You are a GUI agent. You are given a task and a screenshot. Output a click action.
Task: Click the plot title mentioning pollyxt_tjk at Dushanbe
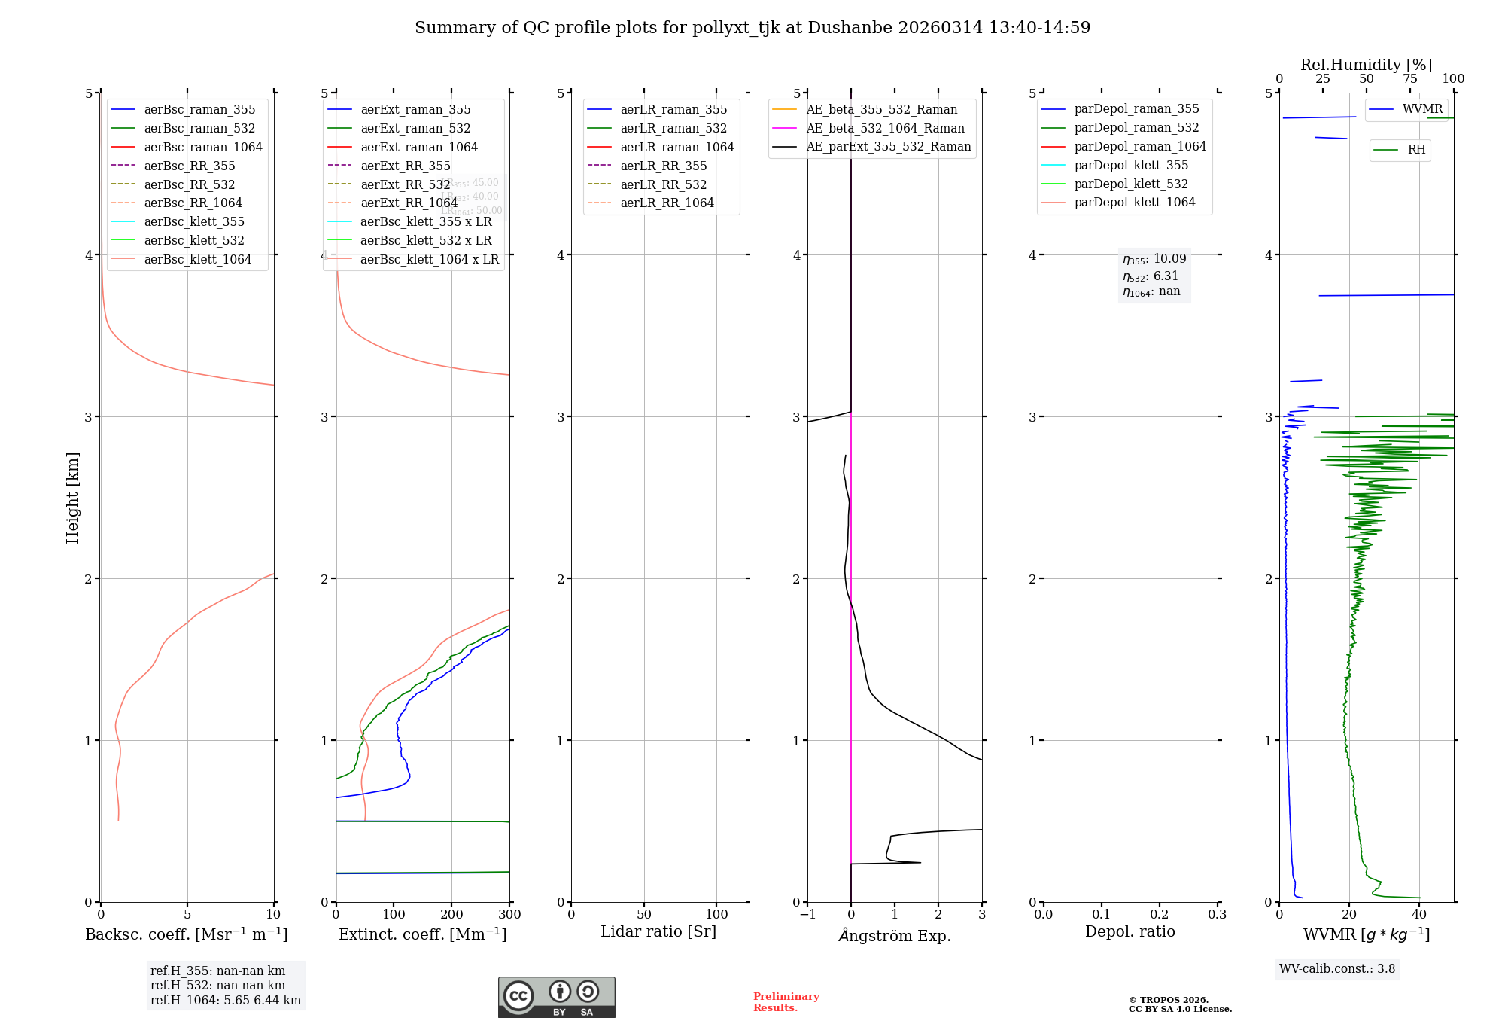[x=752, y=28]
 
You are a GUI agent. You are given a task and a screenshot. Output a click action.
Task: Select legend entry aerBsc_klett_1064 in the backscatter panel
[x=197, y=259]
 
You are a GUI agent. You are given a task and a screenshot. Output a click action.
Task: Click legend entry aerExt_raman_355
[x=415, y=110]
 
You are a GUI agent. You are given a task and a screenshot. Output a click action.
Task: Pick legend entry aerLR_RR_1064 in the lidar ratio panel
[x=667, y=203]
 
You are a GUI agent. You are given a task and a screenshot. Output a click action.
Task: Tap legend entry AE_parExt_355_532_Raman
[x=888, y=147]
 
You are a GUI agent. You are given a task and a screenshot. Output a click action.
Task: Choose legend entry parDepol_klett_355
[x=1131, y=165]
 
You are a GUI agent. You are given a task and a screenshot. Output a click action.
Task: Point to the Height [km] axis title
[x=72, y=497]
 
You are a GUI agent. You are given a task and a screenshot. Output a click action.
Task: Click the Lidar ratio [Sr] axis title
[x=658, y=931]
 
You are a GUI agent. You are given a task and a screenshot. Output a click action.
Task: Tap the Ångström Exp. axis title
[x=895, y=936]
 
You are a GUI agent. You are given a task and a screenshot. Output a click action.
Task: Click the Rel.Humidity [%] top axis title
[x=1366, y=65]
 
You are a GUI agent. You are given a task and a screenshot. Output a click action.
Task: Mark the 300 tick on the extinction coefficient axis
[x=509, y=915]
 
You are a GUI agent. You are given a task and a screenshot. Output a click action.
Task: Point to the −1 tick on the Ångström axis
[x=807, y=915]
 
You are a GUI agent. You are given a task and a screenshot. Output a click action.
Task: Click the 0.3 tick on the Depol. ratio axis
[x=1217, y=915]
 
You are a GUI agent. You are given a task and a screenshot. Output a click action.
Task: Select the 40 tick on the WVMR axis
[x=1419, y=915]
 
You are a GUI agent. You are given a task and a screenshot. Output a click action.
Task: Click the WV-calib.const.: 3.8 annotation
[x=1337, y=969]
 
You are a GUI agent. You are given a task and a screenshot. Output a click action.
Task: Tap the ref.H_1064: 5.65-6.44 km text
[x=226, y=1001]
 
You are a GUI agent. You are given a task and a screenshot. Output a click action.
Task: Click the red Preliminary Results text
[x=786, y=1002]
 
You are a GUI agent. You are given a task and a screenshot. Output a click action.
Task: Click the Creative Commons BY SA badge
[x=556, y=998]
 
